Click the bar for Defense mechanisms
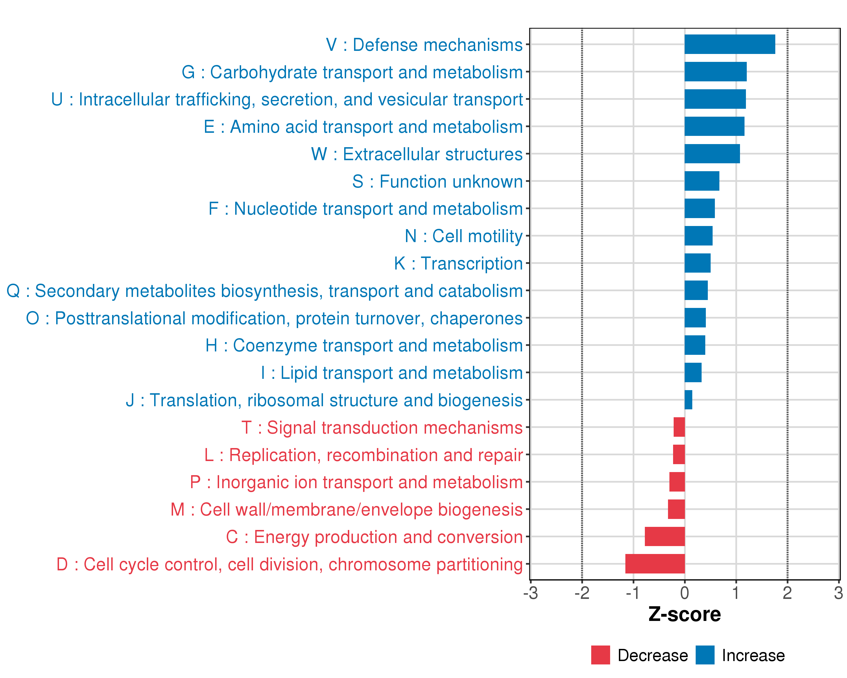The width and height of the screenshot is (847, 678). pyautogui.click(x=730, y=44)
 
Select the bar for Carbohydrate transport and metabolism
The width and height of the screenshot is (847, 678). pyautogui.click(x=715, y=71)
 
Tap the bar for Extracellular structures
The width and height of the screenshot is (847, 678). pyautogui.click(x=712, y=154)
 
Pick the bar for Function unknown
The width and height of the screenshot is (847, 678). pyautogui.click(x=702, y=181)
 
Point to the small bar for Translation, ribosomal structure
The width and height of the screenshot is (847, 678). pyautogui.click(x=688, y=400)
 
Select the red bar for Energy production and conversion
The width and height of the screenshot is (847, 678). pyautogui.click(x=665, y=536)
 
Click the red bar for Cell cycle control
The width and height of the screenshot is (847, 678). pyautogui.click(x=655, y=564)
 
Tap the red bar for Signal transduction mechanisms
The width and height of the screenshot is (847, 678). pyautogui.click(x=679, y=427)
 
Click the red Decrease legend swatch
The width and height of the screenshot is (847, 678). pyautogui.click(x=600, y=655)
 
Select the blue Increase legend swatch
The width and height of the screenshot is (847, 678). pyautogui.click(x=705, y=655)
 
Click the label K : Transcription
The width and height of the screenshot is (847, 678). pyautogui.click(x=458, y=263)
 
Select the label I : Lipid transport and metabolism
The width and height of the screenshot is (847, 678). pyautogui.click(x=392, y=373)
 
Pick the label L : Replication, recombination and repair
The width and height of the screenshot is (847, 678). pyautogui.click(x=363, y=455)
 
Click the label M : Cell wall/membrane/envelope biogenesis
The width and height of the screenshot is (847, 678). pyautogui.click(x=346, y=509)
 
